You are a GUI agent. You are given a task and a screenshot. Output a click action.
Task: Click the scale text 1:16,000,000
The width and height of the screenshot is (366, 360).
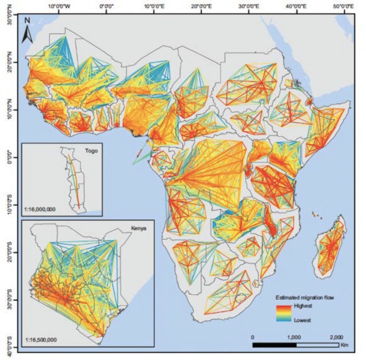[x=42, y=208]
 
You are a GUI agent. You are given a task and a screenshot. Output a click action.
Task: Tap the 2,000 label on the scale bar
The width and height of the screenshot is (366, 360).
[x=336, y=337]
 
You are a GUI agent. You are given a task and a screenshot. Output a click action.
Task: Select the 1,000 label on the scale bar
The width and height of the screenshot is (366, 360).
[x=294, y=337]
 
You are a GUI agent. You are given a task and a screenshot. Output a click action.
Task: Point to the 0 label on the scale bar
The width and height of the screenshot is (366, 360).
[x=253, y=337]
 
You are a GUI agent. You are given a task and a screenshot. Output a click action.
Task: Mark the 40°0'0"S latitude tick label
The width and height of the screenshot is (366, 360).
[x=7, y=345]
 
